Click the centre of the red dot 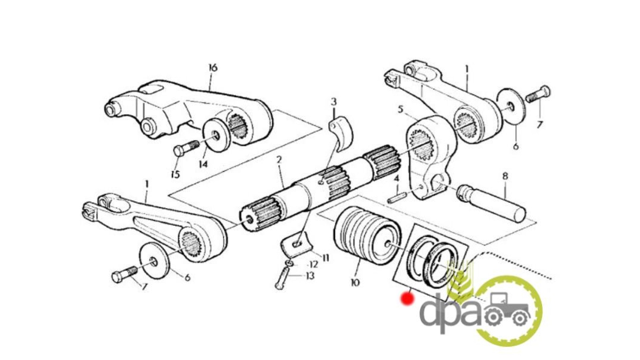[408, 298]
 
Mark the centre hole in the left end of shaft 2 [250, 221]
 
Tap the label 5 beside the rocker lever [401, 109]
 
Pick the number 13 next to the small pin [310, 276]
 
